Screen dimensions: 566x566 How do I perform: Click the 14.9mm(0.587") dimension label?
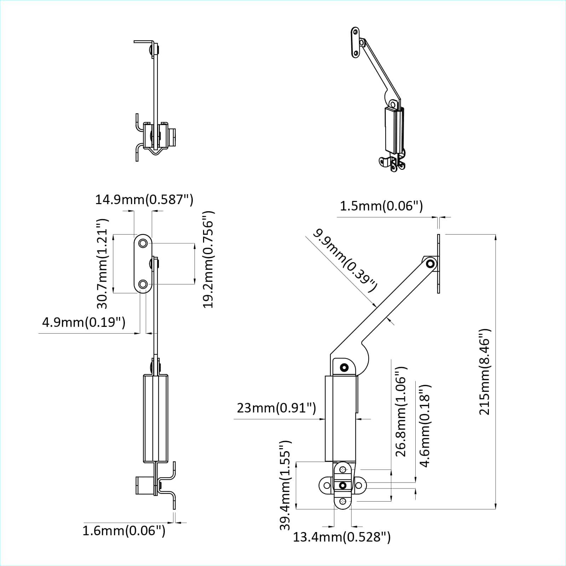pyautogui.click(x=144, y=200)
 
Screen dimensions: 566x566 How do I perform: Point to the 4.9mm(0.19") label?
pyautogui.click(x=83, y=322)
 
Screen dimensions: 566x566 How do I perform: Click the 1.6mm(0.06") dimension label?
pyautogui.click(x=124, y=531)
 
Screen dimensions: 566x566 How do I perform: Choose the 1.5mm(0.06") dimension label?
pyautogui.click(x=381, y=206)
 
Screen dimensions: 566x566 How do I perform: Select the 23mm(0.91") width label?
pyautogui.click(x=276, y=408)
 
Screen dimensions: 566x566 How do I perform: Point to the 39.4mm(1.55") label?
pyautogui.click(x=285, y=485)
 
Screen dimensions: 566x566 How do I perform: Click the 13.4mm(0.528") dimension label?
pyautogui.click(x=342, y=537)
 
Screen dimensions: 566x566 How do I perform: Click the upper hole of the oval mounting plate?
pyautogui.click(x=143, y=243)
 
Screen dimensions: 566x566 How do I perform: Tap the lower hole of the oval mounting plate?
pyautogui.click(x=143, y=284)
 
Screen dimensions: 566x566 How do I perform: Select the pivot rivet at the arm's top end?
pyautogui.click(x=431, y=264)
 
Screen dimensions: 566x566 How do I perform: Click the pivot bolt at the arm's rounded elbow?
pyautogui.click(x=344, y=368)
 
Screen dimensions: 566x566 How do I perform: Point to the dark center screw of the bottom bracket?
pyautogui.click(x=342, y=485)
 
